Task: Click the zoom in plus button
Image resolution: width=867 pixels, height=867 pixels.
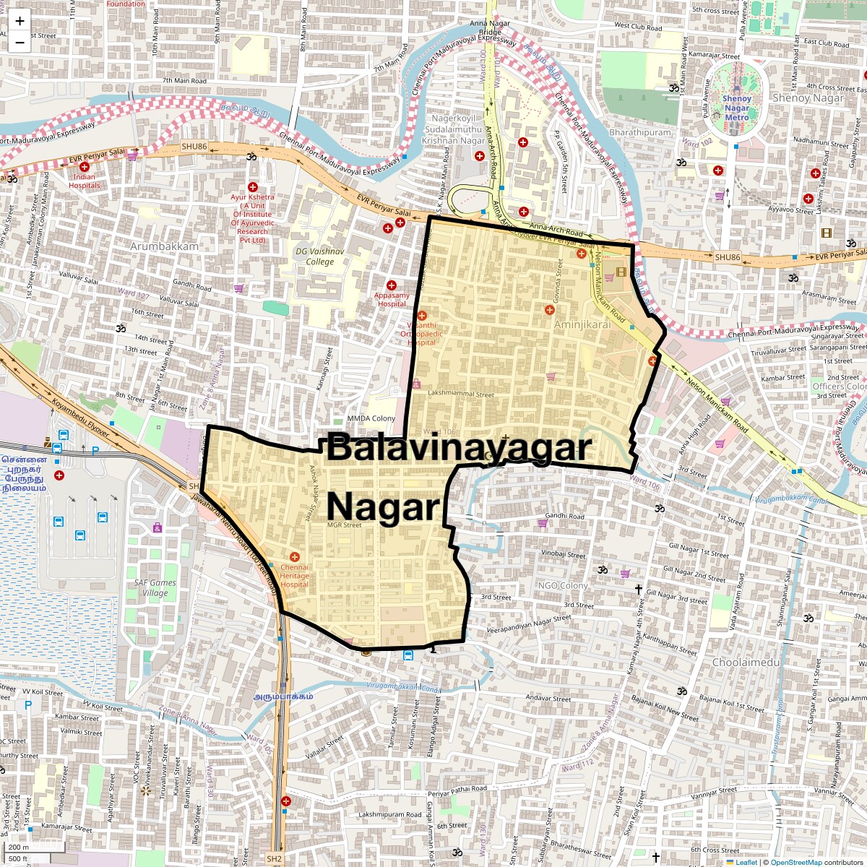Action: tap(20, 21)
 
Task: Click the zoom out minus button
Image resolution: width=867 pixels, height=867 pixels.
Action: tap(20, 42)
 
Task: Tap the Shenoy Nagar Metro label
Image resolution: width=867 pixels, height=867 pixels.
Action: tap(737, 108)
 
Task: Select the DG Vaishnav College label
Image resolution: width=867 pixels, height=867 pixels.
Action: tap(320, 256)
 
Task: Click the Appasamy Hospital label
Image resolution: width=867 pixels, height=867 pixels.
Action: tap(392, 299)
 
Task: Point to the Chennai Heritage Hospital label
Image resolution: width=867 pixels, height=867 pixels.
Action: tap(294, 576)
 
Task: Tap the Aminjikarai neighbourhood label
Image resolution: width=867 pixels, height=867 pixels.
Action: tap(582, 324)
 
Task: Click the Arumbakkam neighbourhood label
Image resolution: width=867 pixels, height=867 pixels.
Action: tap(164, 246)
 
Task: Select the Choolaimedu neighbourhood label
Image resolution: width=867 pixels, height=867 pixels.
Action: tap(746, 662)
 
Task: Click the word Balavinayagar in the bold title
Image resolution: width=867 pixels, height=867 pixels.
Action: tap(459, 447)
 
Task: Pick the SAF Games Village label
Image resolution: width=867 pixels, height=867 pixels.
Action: tap(155, 587)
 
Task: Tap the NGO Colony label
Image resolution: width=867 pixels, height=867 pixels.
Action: tap(563, 585)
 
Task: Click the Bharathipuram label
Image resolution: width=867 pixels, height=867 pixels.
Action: tap(640, 132)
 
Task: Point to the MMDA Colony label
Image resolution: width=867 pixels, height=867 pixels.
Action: tap(371, 418)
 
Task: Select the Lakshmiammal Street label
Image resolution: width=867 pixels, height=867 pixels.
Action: tap(461, 394)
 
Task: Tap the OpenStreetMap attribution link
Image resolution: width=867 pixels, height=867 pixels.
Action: tap(795, 862)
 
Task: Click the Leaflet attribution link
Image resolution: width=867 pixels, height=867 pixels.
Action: tap(746, 862)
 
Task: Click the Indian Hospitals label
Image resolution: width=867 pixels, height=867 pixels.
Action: tap(85, 181)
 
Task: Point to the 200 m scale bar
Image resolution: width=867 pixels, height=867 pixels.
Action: tap(20, 847)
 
